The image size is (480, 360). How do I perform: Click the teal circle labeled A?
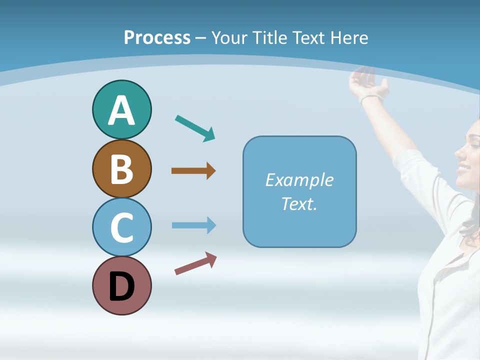121,109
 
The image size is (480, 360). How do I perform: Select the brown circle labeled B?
121,168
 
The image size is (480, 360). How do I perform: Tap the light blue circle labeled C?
121,227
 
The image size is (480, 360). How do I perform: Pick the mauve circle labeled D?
121,285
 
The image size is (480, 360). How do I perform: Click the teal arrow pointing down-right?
195,128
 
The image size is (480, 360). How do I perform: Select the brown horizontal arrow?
193,171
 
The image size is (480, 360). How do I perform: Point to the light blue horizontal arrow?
193,225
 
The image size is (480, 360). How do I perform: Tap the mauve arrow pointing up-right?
195,263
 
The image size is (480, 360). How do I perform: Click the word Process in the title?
157,37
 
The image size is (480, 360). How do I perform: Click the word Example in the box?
299,179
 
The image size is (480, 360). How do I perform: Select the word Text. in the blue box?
299,203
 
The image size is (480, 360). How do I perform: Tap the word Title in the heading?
268,37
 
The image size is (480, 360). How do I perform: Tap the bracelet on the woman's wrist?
371,97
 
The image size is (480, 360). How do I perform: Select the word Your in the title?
228,37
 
